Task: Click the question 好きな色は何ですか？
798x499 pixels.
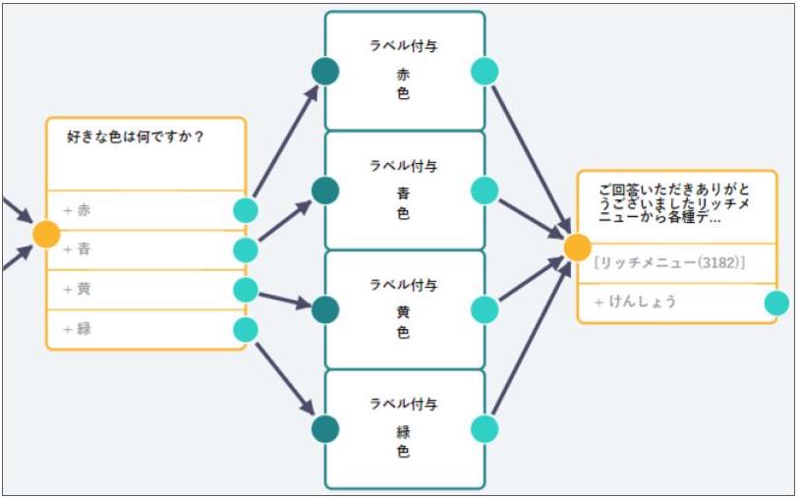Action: (x=136, y=137)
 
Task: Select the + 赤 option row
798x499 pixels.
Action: (x=138, y=210)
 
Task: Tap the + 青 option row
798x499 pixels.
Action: (x=138, y=249)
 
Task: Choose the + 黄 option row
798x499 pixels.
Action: (x=138, y=290)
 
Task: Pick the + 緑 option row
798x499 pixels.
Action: (x=138, y=329)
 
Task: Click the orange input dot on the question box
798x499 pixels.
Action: (x=46, y=234)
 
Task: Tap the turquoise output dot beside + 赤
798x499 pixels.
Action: (x=246, y=210)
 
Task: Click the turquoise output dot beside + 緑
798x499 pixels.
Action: (x=246, y=330)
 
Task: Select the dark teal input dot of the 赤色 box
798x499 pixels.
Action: (x=325, y=71)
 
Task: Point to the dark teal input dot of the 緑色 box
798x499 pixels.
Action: (x=325, y=428)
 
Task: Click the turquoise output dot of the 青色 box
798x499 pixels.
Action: (x=484, y=191)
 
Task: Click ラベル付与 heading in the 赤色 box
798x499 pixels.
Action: (x=404, y=45)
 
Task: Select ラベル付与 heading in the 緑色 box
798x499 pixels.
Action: (x=404, y=404)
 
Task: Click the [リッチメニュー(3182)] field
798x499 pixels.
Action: (x=669, y=263)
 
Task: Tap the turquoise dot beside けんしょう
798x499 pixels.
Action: (x=776, y=303)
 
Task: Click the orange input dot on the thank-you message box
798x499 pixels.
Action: (x=577, y=247)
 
